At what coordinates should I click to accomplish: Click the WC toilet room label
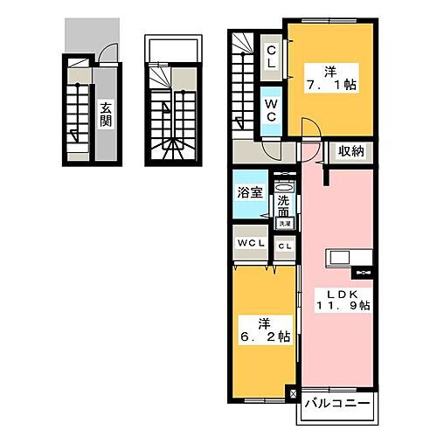pos(271,112)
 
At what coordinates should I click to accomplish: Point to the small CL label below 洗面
pos(285,246)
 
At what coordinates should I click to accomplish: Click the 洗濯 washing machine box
pos(285,223)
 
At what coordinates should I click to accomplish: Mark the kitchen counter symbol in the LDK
pos(349,259)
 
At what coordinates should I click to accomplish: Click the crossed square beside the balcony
pos(294,395)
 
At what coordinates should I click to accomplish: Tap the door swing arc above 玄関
pos(105,52)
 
